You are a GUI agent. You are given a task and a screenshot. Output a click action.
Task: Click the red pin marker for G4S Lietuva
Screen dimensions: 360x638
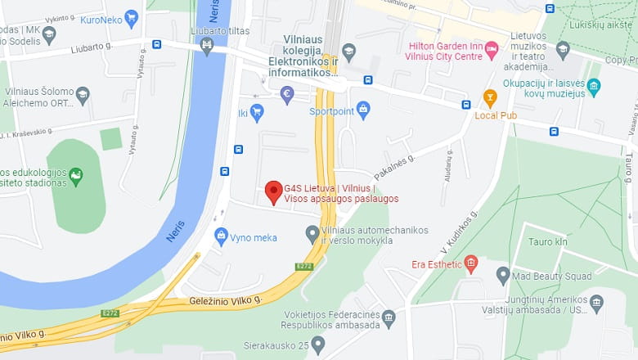tap(274, 192)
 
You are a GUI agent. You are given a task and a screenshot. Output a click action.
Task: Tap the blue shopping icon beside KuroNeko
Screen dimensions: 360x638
tap(131, 18)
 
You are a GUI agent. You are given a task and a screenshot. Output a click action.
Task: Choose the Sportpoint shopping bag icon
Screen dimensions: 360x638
tap(363, 110)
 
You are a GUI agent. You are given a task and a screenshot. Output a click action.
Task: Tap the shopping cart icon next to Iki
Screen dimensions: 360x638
tap(257, 112)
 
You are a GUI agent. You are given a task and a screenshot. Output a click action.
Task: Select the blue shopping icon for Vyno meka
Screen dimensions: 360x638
tap(221, 236)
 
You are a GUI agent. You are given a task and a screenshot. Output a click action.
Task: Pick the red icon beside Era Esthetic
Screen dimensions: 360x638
tap(470, 263)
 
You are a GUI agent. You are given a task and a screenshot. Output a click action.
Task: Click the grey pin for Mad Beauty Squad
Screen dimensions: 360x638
tap(503, 275)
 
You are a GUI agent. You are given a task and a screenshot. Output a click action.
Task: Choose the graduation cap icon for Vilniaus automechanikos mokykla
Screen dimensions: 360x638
tap(312, 235)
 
